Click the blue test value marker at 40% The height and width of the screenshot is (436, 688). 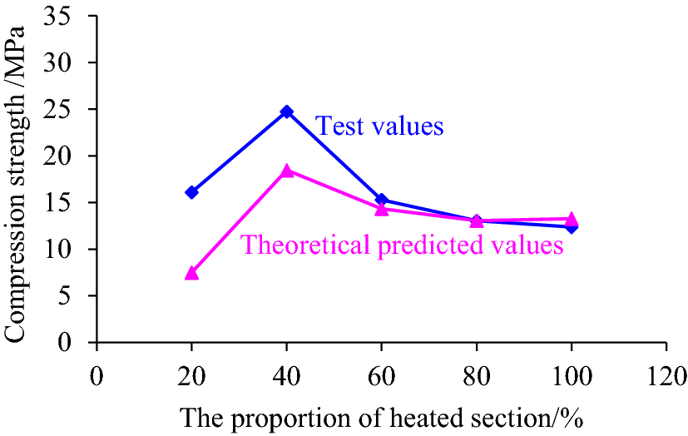(287, 111)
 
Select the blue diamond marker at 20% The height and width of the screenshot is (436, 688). (192, 192)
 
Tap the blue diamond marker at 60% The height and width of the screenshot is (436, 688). (382, 200)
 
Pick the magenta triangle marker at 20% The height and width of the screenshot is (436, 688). (192, 272)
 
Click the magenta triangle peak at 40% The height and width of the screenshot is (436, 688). (287, 171)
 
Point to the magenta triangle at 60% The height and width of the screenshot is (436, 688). (382, 209)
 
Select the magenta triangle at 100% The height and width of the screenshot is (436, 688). (572, 219)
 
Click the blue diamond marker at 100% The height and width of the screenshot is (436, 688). (572, 226)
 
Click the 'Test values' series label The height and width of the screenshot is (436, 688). (379, 126)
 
